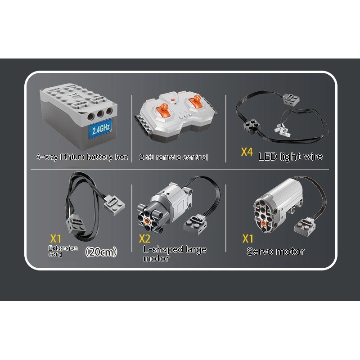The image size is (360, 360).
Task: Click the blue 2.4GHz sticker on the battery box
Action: click(100, 129)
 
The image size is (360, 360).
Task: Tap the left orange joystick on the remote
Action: click(164, 109)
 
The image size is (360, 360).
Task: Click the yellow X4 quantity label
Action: click(247, 152)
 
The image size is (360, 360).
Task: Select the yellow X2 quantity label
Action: click(144, 239)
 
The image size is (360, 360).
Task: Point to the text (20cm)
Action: click(101, 252)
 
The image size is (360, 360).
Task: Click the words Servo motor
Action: click(275, 252)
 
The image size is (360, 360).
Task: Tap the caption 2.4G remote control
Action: click(174, 157)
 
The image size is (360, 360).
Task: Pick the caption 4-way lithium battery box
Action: click(82, 157)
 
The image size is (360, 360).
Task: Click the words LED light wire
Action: click(290, 156)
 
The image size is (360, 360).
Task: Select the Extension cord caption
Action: click(63, 251)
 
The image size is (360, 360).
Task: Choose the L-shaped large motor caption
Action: click(175, 254)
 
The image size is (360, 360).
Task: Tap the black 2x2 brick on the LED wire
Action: click(252, 126)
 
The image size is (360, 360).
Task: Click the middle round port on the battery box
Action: click(100, 114)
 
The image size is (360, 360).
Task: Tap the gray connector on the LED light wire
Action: click(291, 99)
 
